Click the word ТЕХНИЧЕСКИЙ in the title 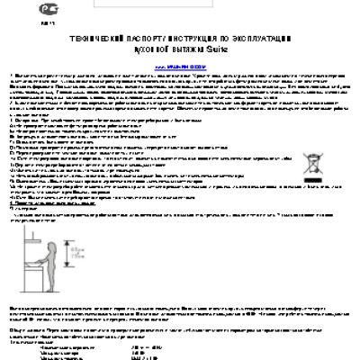pyautogui.click(x=93, y=41)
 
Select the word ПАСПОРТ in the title pyautogui.click(x=142, y=41)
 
